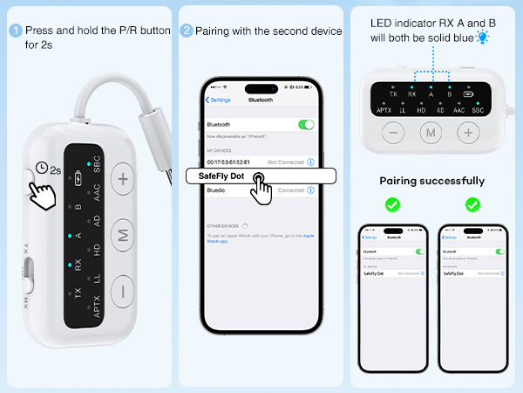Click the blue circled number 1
point(14,30)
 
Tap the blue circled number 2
point(187,30)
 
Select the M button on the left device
point(123,236)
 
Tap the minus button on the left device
point(123,290)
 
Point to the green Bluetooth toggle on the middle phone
point(306,125)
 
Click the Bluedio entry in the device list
point(217,190)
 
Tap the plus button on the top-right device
point(468,133)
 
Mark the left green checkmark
point(393,204)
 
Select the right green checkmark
point(472,204)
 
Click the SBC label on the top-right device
point(478,110)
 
